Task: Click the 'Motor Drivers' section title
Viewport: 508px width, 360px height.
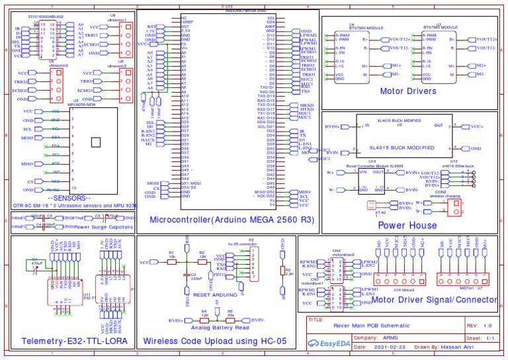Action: tap(407, 91)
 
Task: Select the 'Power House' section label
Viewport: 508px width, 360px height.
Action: tap(407, 225)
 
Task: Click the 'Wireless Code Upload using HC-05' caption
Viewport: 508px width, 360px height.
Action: tap(216, 341)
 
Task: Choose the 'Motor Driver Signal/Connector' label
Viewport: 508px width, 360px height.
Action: tap(434, 299)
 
